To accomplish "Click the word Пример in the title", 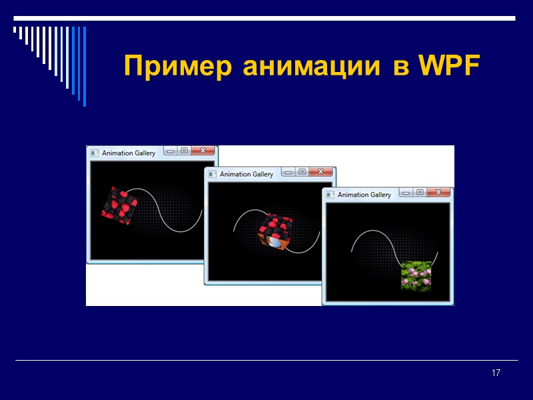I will click(180, 67).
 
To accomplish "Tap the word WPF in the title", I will click(448, 67).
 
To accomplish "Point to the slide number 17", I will click(496, 373).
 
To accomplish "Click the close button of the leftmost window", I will click(203, 151).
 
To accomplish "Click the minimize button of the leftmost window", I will click(171, 151).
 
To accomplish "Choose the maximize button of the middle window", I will click(302, 172).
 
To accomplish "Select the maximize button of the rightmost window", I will click(420, 193).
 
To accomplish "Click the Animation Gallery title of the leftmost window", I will click(129, 153).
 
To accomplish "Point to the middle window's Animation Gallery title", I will click(247, 174).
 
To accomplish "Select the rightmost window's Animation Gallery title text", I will click(364, 195).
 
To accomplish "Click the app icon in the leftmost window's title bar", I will click(95, 153).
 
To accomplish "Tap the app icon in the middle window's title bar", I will click(213, 174).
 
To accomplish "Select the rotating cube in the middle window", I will click(275, 232).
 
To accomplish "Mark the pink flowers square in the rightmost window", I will click(416, 275).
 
